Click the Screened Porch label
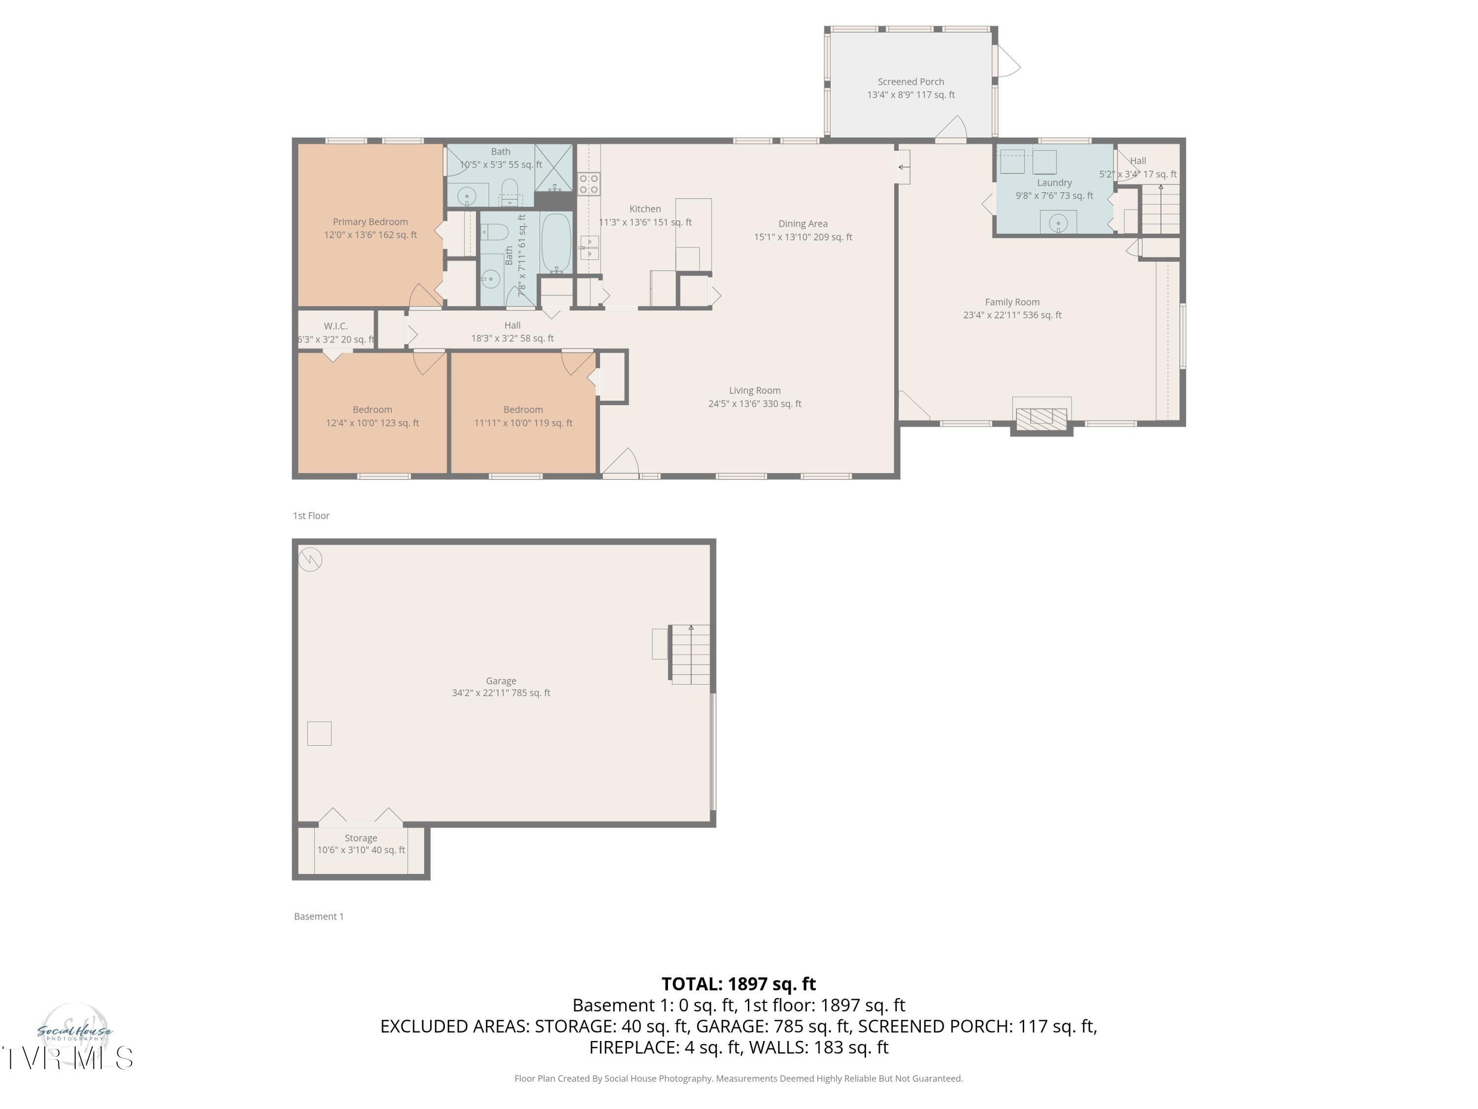pos(911,81)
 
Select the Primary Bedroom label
pos(370,222)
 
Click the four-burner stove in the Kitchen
pos(589,184)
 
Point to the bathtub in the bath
pos(556,243)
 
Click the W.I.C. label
pos(336,326)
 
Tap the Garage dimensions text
pos(501,693)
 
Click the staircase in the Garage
pos(690,655)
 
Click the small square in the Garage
pos(319,733)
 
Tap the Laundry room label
pos(1054,182)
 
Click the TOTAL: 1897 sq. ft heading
pos(739,984)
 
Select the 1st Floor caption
pos(311,516)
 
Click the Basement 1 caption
pos(319,916)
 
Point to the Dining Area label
pos(803,224)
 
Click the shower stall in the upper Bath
pos(554,167)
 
